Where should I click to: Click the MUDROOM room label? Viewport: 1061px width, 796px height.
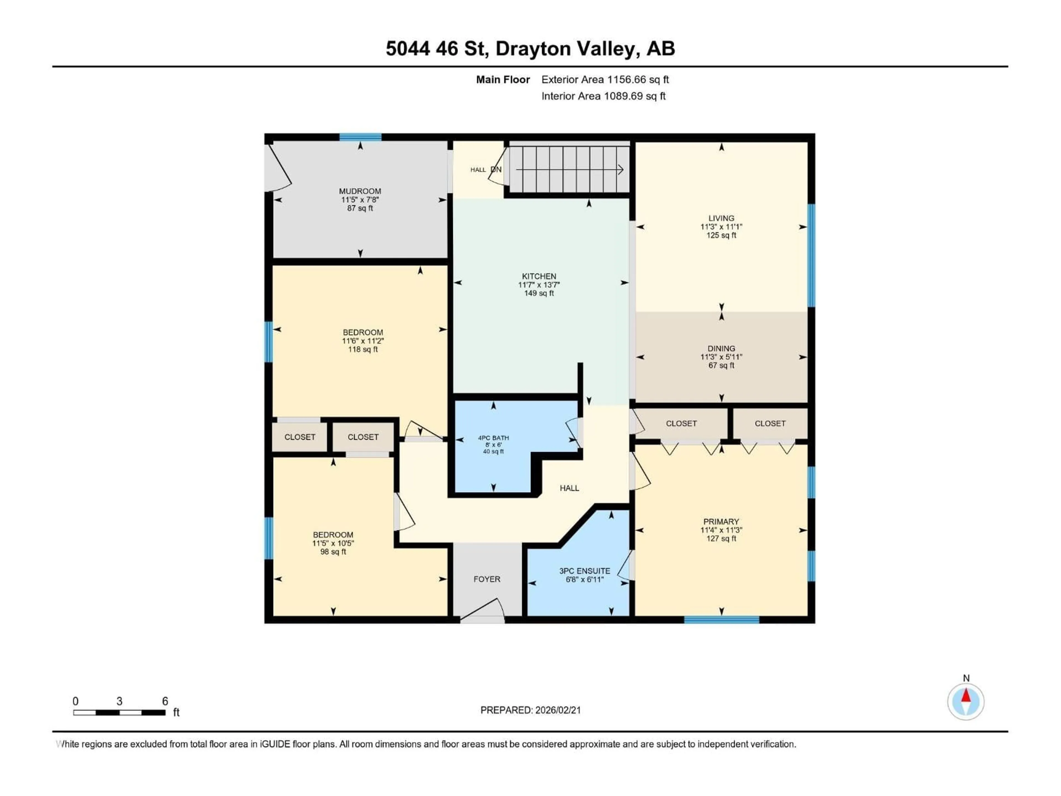click(360, 191)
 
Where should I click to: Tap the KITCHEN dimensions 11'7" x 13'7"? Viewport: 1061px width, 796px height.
click(539, 284)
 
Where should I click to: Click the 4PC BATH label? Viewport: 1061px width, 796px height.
click(493, 438)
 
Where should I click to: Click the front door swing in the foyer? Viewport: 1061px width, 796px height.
click(482, 608)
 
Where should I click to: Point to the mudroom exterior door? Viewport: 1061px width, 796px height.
click(278, 168)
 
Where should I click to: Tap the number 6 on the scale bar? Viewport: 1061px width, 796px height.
click(165, 701)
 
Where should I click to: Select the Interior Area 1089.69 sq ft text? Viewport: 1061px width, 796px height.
click(603, 96)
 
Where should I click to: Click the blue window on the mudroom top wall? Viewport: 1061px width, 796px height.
click(360, 137)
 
